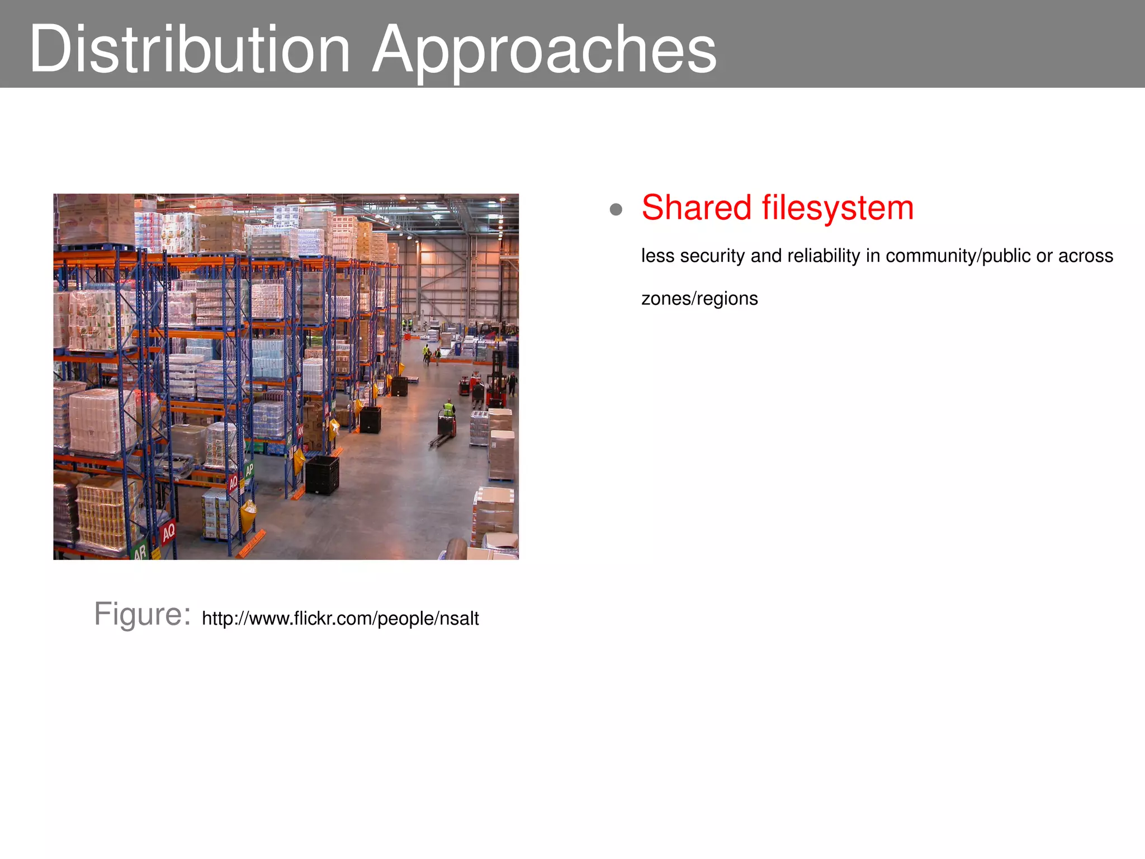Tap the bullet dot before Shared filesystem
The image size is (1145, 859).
(616, 210)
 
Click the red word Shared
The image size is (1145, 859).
(696, 208)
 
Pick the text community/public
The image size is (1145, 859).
(958, 256)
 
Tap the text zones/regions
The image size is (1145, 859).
(699, 299)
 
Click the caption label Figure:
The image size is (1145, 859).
(142, 615)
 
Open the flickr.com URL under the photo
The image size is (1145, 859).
(340, 619)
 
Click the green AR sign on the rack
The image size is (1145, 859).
(140, 551)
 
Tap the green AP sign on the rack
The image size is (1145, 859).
(249, 470)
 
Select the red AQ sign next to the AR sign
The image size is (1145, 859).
(168, 531)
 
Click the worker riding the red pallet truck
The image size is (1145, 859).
(448, 410)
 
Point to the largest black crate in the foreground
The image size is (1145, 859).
(323, 475)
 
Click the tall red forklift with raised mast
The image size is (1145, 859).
(496, 380)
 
